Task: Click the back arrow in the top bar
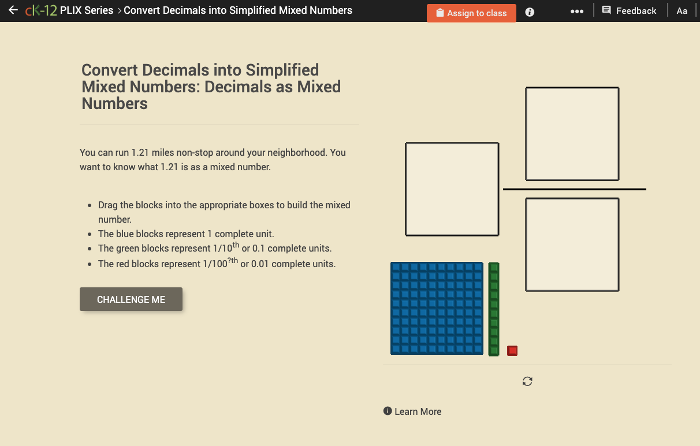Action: (13, 10)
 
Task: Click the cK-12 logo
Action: (41, 10)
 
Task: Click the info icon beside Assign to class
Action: (530, 12)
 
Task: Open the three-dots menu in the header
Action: (576, 12)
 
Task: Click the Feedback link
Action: (629, 10)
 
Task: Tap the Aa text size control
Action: (682, 11)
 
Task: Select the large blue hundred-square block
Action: (437, 308)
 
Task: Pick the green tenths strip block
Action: (494, 309)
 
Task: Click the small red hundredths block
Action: (512, 351)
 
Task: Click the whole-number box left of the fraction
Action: (452, 189)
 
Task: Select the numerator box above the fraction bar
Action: (572, 134)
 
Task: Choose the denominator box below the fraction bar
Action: (572, 245)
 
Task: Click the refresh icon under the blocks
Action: (527, 381)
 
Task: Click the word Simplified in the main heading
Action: (282, 70)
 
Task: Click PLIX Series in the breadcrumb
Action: (87, 10)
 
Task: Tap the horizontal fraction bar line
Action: (574, 189)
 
